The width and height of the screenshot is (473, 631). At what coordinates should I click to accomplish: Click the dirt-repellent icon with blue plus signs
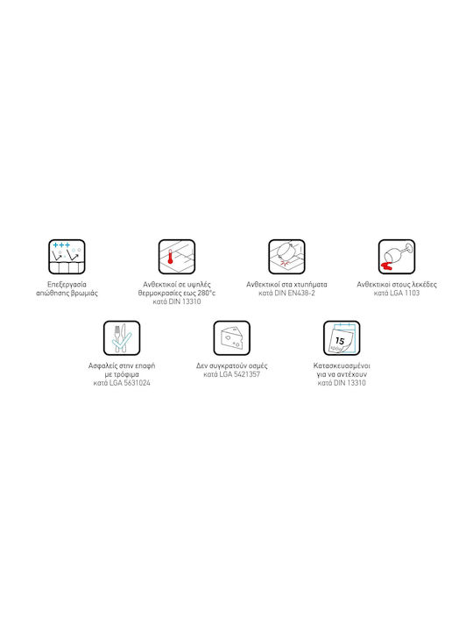[x=67, y=257]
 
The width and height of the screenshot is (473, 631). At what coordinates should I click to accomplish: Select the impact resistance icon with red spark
[x=286, y=257]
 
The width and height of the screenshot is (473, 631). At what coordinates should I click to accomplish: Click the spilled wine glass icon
[x=397, y=257]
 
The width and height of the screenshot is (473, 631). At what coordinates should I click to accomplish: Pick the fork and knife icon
[x=122, y=338]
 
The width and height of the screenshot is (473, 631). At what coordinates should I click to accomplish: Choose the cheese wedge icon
[x=231, y=338]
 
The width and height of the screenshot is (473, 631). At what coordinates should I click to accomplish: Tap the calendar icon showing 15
[x=342, y=338]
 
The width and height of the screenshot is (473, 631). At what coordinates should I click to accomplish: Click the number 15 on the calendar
[x=340, y=341]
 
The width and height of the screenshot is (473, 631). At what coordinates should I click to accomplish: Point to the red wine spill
[x=386, y=266]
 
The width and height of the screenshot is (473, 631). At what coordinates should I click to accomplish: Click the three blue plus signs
[x=61, y=245]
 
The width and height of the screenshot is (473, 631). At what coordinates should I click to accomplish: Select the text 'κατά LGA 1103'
[x=397, y=293]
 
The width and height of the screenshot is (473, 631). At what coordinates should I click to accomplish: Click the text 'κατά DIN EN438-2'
[x=286, y=293]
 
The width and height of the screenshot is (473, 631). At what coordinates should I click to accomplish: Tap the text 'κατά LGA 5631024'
[x=122, y=383]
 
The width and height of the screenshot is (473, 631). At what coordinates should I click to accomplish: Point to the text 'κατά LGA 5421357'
[x=231, y=374]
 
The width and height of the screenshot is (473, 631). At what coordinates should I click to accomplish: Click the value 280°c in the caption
[x=207, y=293]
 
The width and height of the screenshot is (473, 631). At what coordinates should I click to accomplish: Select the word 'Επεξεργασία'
[x=67, y=285]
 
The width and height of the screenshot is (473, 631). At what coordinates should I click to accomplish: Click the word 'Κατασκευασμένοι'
[x=342, y=365]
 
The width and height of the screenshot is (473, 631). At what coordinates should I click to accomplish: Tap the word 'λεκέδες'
[x=424, y=285]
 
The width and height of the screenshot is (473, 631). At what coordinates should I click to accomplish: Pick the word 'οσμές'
[x=257, y=365]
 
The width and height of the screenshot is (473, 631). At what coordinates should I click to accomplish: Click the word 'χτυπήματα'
[x=310, y=285]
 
